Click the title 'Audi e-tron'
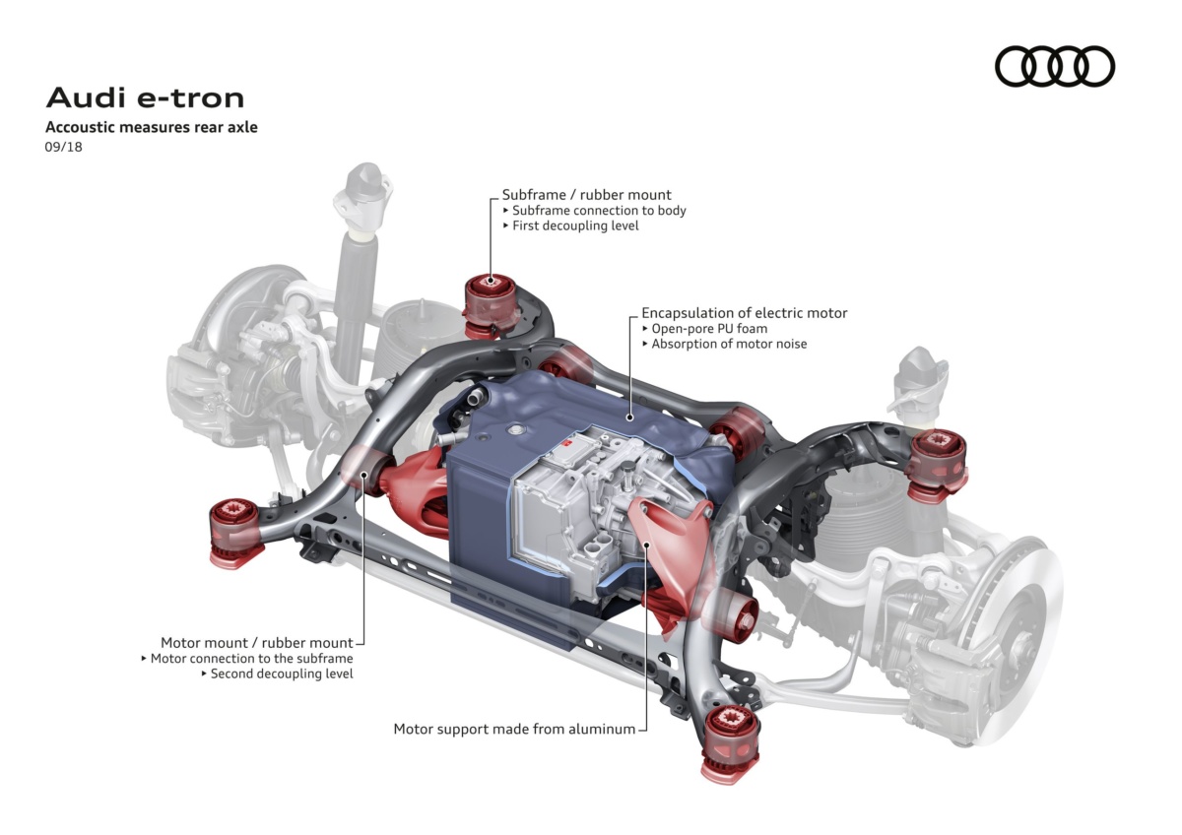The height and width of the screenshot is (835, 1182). pyautogui.click(x=145, y=98)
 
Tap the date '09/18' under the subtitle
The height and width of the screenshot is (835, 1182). pyautogui.click(x=63, y=147)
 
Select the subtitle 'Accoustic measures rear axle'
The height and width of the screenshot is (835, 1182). pyautogui.click(x=152, y=127)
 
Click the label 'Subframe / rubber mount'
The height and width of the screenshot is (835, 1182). pyautogui.click(x=586, y=195)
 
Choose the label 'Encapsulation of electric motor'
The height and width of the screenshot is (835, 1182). pyautogui.click(x=744, y=313)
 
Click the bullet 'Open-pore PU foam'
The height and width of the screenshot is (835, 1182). pyautogui.click(x=704, y=329)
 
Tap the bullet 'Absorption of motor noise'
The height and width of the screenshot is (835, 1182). pyautogui.click(x=725, y=344)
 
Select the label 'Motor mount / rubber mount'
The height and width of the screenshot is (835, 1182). pyautogui.click(x=256, y=642)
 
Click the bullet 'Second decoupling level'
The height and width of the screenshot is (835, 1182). pyautogui.click(x=277, y=674)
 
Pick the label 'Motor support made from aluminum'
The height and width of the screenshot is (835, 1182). pyautogui.click(x=514, y=729)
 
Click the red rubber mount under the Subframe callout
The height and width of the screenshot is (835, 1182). pyautogui.click(x=490, y=305)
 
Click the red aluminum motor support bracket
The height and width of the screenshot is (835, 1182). pyautogui.click(x=668, y=548)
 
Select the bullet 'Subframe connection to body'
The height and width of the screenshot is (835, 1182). pyautogui.click(x=594, y=211)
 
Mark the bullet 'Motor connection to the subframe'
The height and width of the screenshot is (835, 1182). pyautogui.click(x=247, y=659)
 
